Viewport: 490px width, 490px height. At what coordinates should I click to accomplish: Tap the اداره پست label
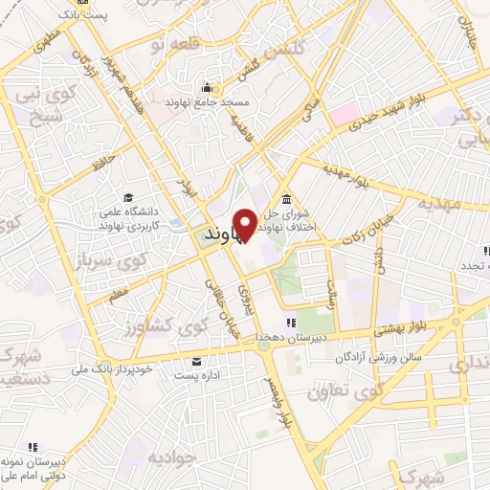point(198,374)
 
